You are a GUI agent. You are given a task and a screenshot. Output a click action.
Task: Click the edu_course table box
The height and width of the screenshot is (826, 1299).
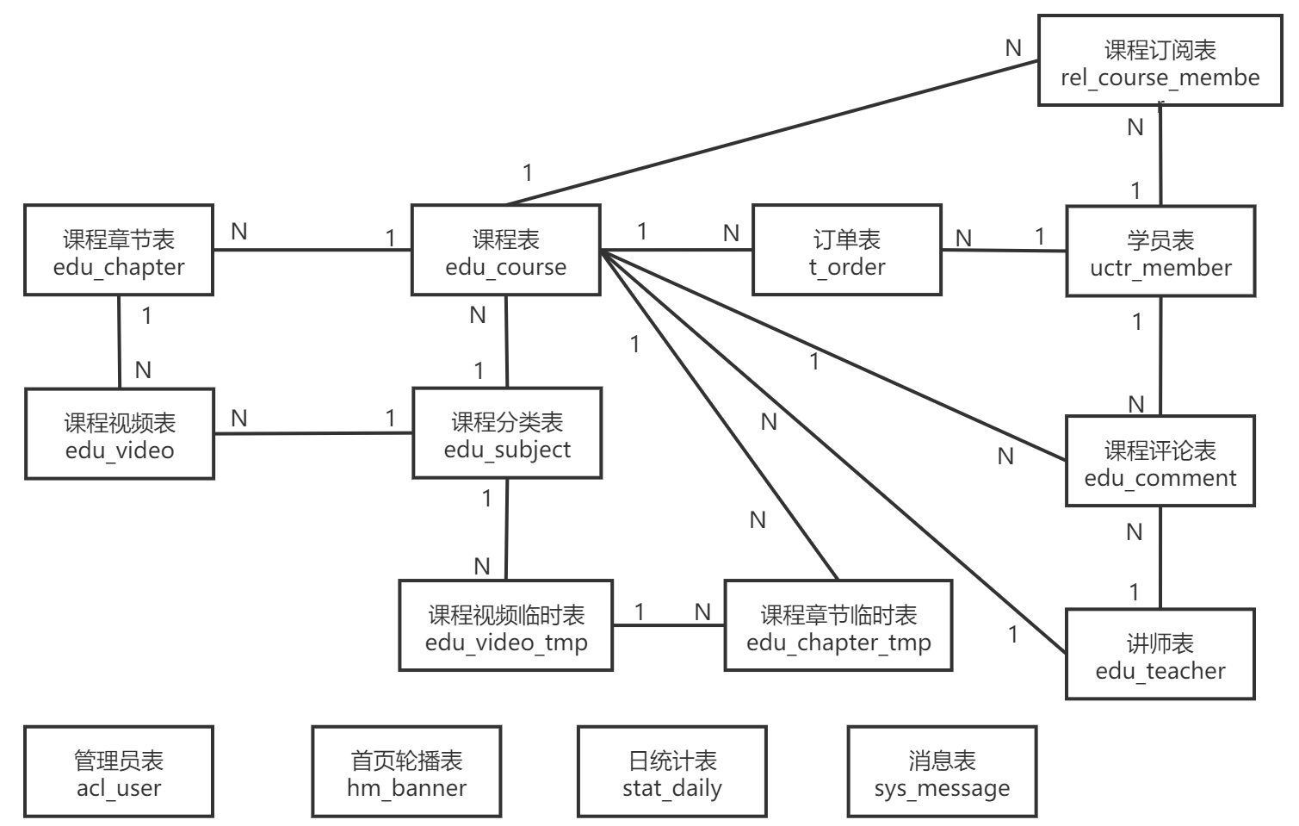pyautogui.click(x=505, y=251)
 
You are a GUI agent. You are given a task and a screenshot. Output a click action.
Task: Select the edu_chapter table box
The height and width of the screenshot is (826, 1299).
pyautogui.click(x=119, y=251)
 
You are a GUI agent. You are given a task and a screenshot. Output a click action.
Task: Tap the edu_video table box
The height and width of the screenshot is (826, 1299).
pyautogui.click(x=120, y=434)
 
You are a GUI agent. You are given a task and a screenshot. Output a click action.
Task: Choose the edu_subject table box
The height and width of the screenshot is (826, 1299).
pyautogui.click(x=507, y=433)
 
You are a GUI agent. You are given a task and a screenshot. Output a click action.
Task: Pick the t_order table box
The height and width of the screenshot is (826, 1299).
pyautogui.click(x=847, y=251)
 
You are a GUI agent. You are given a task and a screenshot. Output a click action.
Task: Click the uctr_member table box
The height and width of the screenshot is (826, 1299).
pyautogui.click(x=1160, y=252)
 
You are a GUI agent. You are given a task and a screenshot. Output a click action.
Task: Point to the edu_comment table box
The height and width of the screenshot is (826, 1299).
pyautogui.click(x=1160, y=462)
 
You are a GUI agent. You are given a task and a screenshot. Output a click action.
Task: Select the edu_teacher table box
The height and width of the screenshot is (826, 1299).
pyautogui.click(x=1160, y=655)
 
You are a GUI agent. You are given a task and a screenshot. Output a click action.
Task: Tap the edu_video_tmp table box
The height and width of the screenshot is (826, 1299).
pyautogui.click(x=506, y=626)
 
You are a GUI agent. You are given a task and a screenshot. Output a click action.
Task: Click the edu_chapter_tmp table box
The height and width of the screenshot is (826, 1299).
pyautogui.click(x=838, y=626)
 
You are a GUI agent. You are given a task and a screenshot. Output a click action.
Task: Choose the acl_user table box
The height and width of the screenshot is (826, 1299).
pyautogui.click(x=119, y=772)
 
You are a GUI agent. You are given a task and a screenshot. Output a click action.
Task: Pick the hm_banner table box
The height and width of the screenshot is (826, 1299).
pyautogui.click(x=406, y=772)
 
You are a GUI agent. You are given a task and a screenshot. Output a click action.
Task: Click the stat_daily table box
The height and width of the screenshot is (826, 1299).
pyautogui.click(x=672, y=772)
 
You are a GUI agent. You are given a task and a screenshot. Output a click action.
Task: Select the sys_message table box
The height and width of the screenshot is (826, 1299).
pyautogui.click(x=942, y=772)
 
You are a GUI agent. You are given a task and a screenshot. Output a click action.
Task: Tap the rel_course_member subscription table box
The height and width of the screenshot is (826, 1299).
pyautogui.click(x=1160, y=62)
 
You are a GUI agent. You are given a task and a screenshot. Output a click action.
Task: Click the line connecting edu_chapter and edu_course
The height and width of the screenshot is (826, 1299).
pyautogui.click(x=312, y=251)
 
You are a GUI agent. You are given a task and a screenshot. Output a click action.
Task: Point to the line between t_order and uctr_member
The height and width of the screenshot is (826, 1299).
pyautogui.click(x=1004, y=251)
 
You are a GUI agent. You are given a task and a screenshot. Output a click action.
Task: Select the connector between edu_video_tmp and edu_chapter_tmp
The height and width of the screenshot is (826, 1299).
pyautogui.click(x=669, y=626)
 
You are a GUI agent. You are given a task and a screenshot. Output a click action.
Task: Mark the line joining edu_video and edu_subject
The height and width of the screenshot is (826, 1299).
pyautogui.click(x=313, y=433)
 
